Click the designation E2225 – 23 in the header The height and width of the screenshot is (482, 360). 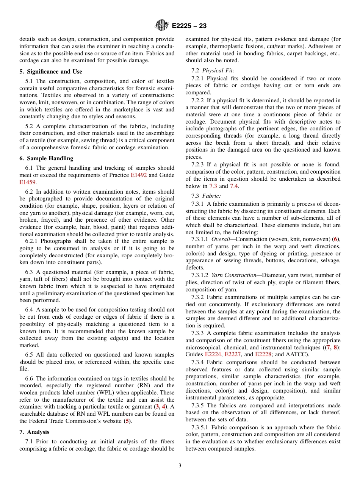pyautogui.click(x=189, y=26)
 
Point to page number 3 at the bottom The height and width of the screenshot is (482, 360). pyautogui.click(x=180, y=465)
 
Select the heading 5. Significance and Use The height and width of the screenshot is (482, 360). pyautogui.click(x=51, y=72)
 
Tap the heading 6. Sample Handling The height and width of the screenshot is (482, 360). pyautogui.click(x=47, y=158)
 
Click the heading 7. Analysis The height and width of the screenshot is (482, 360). pyautogui.click(x=34, y=432)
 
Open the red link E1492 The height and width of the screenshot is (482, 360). pyautogui.click(x=139, y=175)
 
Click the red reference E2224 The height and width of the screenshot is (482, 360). pyautogui.click(x=213, y=354)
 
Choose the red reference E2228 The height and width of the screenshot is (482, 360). pyautogui.click(x=263, y=354)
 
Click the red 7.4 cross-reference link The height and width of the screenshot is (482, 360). pyautogui.click(x=234, y=186)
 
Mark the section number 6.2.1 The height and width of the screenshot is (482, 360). pyautogui.click(x=32, y=241)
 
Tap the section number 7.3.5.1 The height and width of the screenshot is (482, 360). pyautogui.click(x=201, y=427)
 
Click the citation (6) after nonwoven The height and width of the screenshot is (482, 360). pyautogui.click(x=336, y=239)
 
